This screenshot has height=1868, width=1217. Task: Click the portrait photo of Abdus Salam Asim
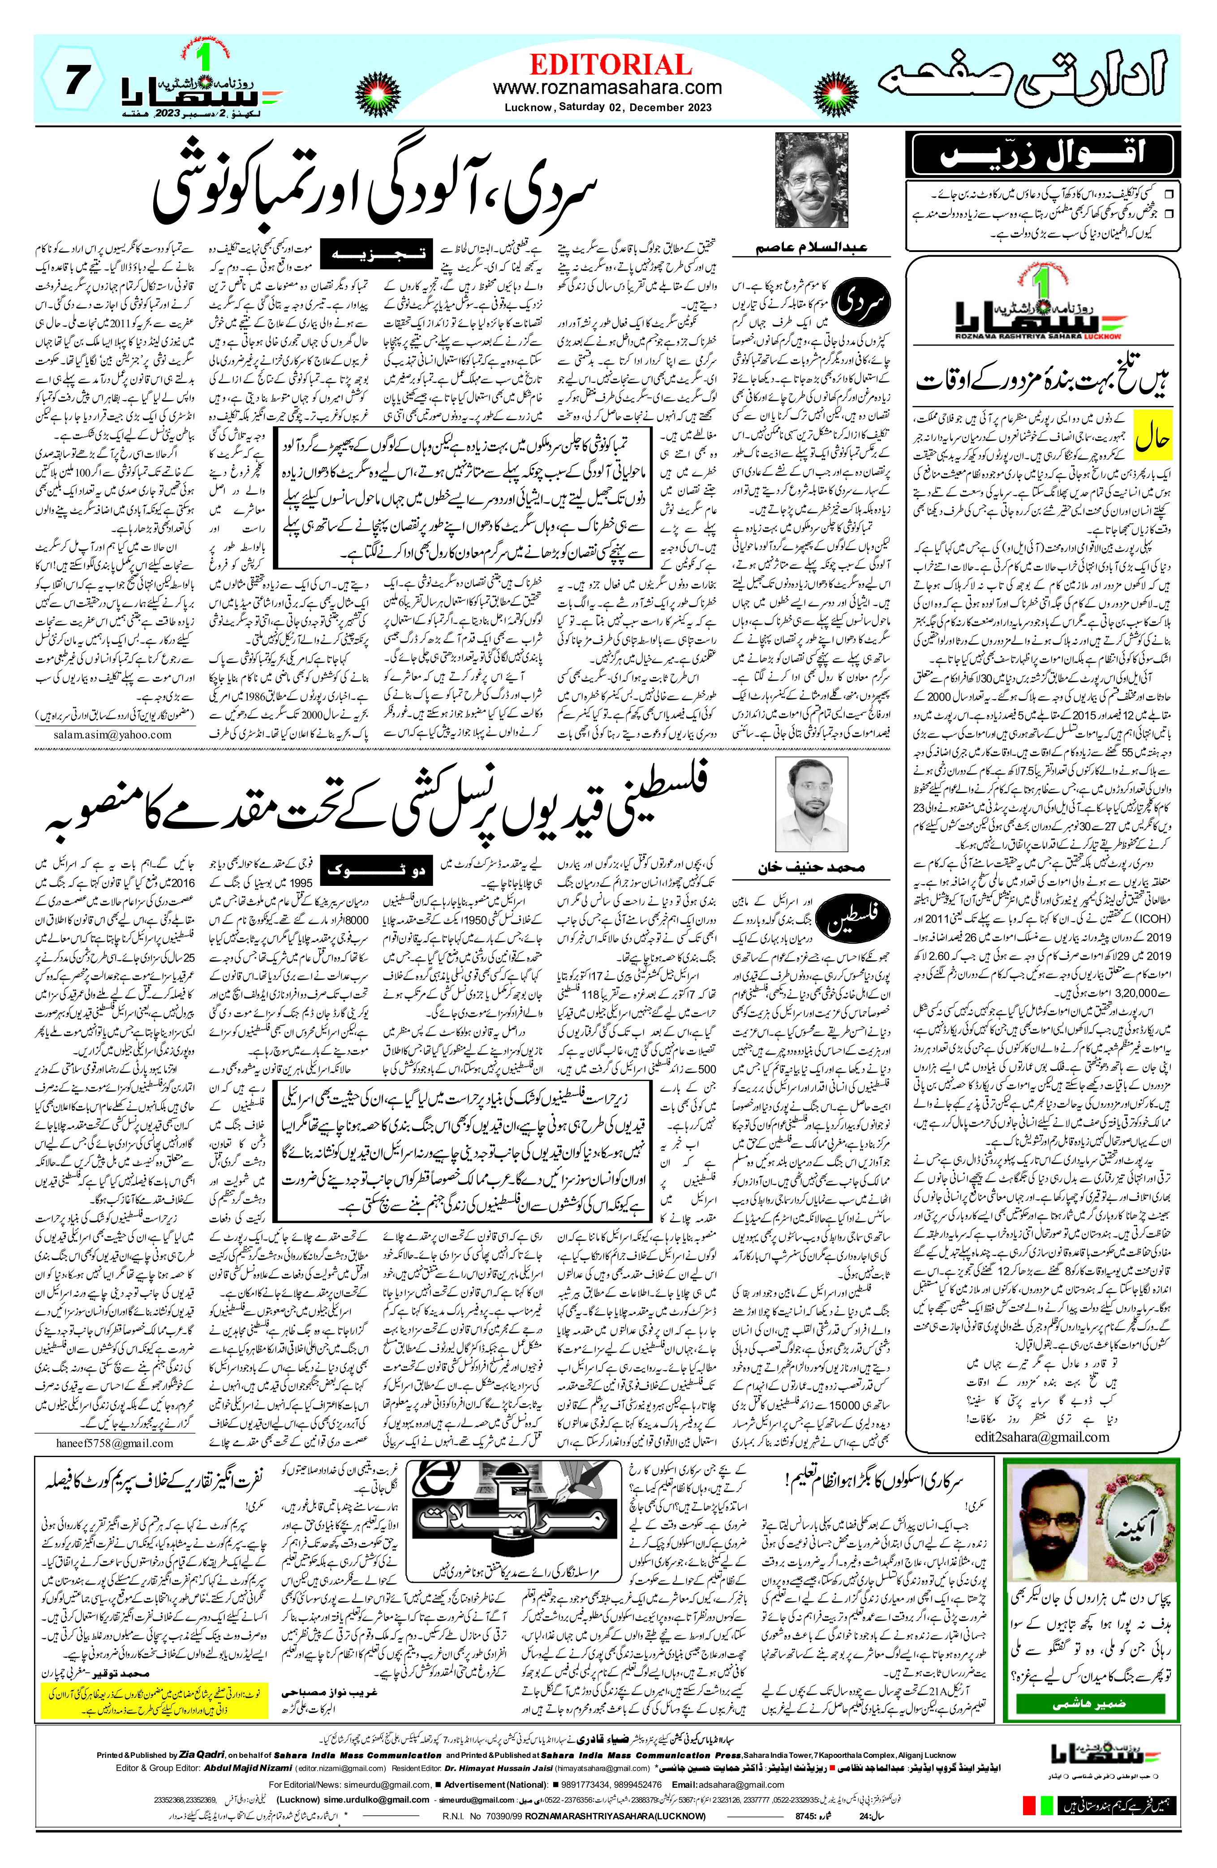(x=811, y=180)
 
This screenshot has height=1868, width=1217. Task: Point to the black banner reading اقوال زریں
(x=1042, y=154)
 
